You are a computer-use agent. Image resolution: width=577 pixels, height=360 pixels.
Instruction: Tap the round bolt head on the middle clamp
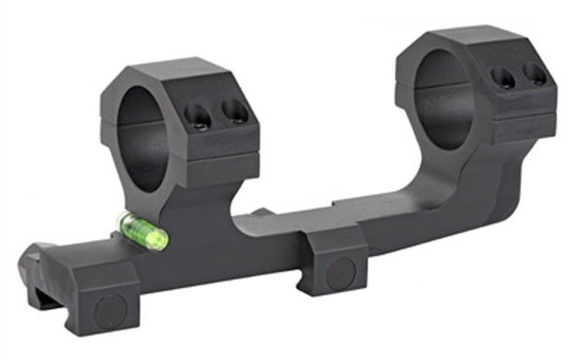tap(340, 271)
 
